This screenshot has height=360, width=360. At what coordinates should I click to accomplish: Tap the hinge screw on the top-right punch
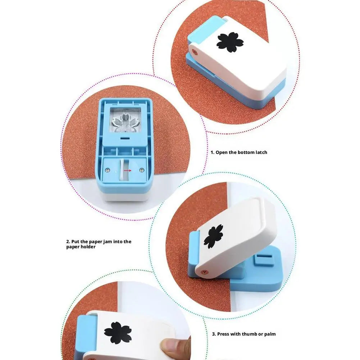click(x=195, y=51)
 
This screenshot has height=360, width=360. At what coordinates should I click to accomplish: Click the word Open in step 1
click(x=222, y=152)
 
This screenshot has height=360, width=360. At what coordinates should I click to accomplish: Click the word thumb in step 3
click(x=245, y=334)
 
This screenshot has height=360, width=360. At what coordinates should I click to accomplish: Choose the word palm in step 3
click(x=269, y=334)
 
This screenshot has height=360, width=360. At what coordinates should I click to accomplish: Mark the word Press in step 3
click(x=223, y=334)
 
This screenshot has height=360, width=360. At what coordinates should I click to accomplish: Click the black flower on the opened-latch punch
click(x=213, y=236)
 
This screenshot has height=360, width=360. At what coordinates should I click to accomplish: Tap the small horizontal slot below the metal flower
click(x=124, y=138)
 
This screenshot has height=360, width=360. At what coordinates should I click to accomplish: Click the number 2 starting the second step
click(x=68, y=242)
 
